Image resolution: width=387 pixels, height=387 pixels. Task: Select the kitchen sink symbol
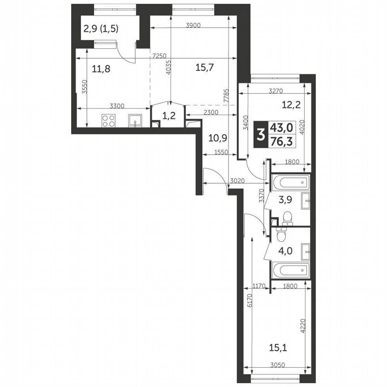[x=135, y=120]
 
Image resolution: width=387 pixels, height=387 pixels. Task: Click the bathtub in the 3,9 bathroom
[x=290, y=182]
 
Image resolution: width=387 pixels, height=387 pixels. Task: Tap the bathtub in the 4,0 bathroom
[x=290, y=270]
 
